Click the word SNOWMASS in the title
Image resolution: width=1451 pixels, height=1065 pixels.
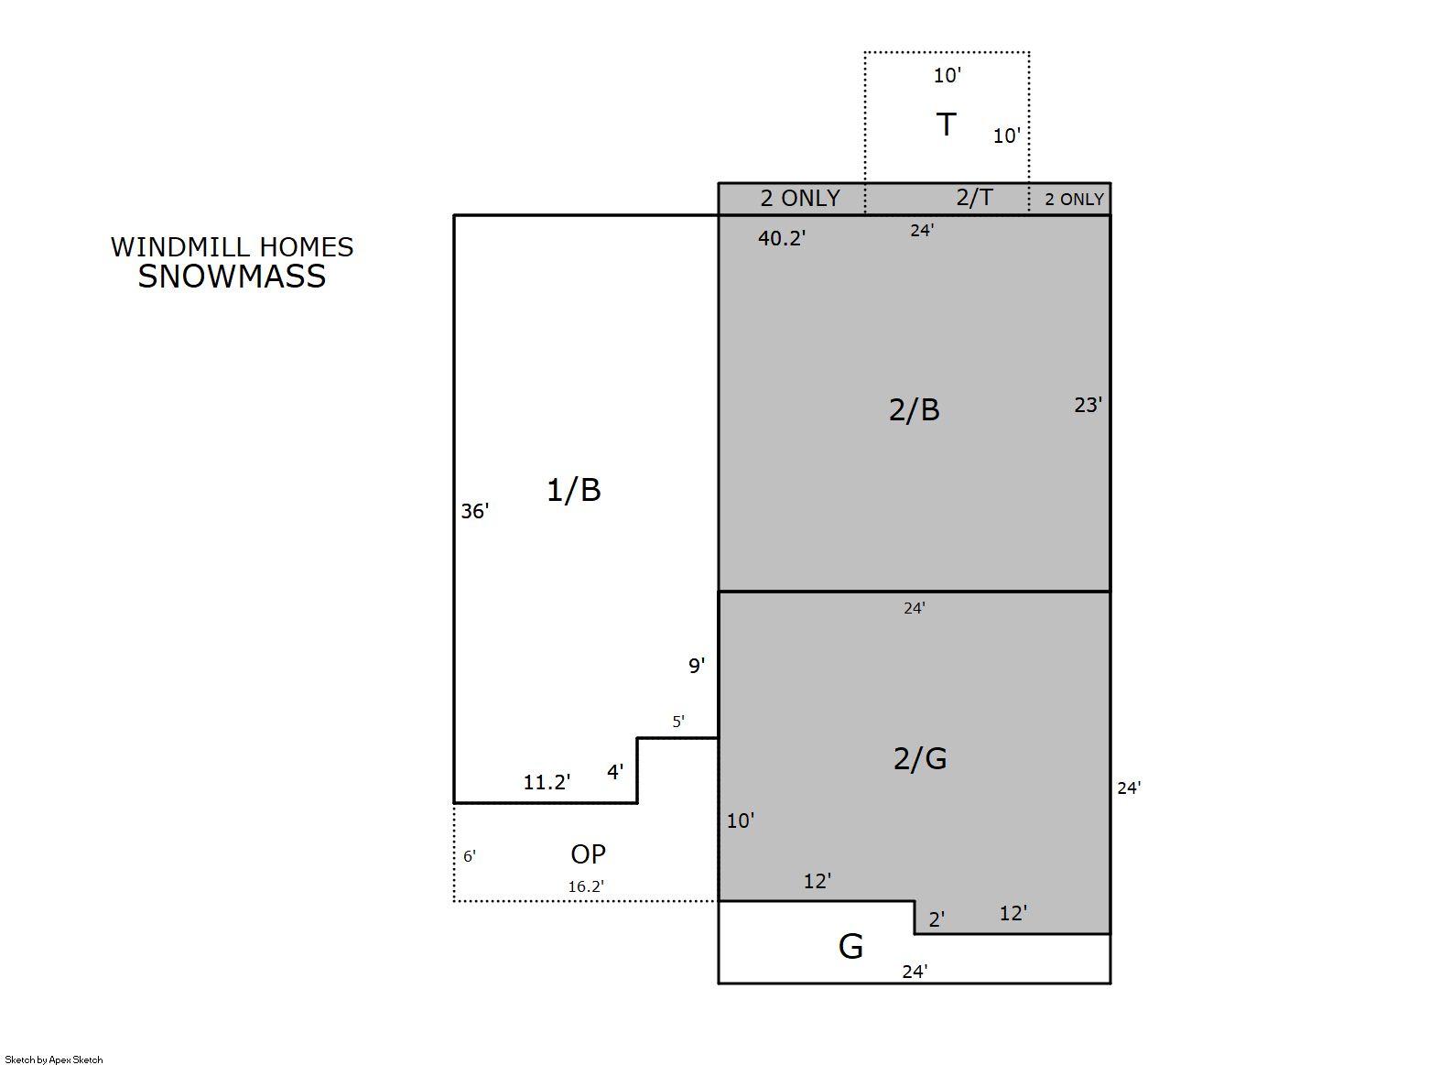(x=232, y=277)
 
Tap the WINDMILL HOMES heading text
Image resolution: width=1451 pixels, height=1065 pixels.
(x=232, y=247)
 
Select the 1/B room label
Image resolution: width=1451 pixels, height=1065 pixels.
(x=574, y=491)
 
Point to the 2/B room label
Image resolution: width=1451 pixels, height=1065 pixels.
(x=914, y=410)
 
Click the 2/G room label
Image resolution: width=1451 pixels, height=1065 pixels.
(x=920, y=758)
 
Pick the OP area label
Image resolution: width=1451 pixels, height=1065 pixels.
(x=588, y=854)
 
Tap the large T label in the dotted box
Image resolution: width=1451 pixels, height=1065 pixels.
(x=947, y=125)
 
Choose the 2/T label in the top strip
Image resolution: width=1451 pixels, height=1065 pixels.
(x=974, y=197)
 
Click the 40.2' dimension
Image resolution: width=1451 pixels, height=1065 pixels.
(x=782, y=238)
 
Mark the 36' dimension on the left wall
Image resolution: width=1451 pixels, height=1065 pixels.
(x=475, y=512)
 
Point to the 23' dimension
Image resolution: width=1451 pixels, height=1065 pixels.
(x=1088, y=406)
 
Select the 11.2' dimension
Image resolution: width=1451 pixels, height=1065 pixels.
(x=547, y=783)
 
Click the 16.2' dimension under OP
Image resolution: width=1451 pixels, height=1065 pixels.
(x=586, y=886)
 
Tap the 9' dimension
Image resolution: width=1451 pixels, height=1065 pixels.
(x=697, y=666)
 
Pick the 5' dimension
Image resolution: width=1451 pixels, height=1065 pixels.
(x=679, y=722)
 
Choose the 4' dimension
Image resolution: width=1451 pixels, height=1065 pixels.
(x=615, y=772)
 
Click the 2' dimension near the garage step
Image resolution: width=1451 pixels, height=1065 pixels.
(x=937, y=919)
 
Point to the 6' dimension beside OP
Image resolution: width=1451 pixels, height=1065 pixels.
(x=470, y=856)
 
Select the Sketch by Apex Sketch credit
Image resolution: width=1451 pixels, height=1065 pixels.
(x=54, y=1060)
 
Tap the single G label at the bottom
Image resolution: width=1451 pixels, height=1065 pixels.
(x=850, y=947)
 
